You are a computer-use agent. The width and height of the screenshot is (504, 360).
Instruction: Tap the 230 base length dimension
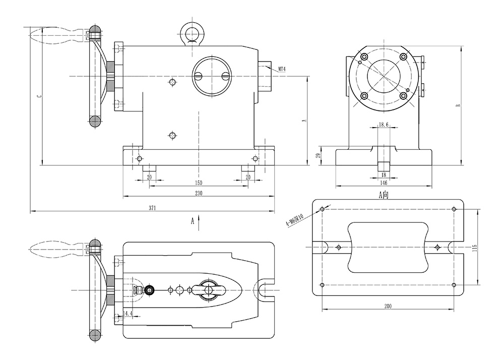click(x=199, y=193)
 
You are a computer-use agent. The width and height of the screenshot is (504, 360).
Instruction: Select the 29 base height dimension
click(x=318, y=156)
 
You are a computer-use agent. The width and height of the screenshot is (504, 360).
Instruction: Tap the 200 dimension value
click(x=389, y=306)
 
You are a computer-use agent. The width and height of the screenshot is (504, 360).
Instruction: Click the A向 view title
click(x=385, y=194)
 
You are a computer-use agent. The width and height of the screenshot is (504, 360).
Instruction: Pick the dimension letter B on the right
click(x=458, y=106)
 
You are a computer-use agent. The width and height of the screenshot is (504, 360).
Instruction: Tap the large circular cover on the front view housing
click(x=211, y=76)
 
